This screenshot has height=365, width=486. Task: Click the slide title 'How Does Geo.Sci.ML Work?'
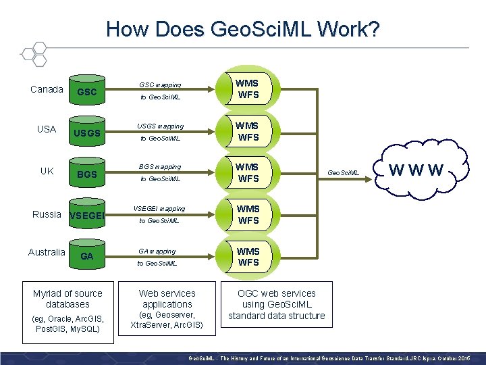(242, 29)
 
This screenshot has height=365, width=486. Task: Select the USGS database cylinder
(87, 132)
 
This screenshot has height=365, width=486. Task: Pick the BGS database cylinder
(87, 174)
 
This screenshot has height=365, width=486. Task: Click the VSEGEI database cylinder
(87, 216)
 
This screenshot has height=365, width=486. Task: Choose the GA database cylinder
(87, 257)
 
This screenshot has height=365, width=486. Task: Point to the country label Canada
(47, 89)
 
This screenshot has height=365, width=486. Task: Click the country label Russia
(47, 214)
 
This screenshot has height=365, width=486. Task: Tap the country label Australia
(47, 252)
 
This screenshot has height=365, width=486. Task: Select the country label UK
(47, 171)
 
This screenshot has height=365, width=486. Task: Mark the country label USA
(47, 129)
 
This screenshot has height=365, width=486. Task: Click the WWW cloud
(417, 170)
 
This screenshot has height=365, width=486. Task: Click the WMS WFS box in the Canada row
(248, 89)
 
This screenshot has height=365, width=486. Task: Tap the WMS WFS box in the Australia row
(248, 257)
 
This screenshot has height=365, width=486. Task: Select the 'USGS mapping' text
(160, 126)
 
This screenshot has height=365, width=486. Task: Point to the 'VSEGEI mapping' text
(160, 209)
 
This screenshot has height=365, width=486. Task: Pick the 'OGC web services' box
(276, 304)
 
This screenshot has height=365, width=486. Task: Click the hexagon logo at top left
(32, 54)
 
